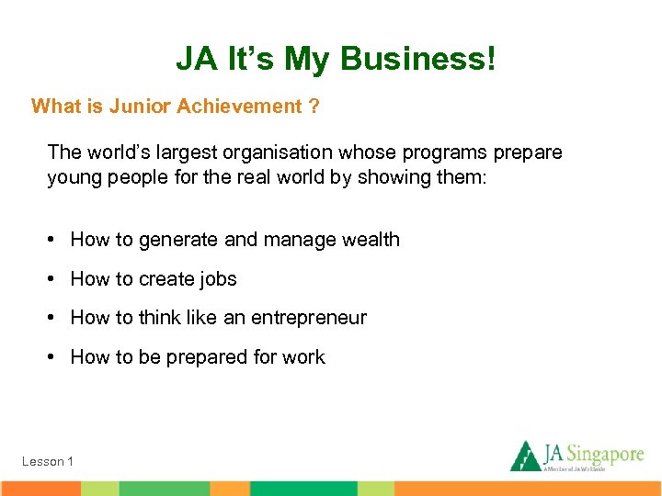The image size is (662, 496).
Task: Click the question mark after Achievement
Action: [x=314, y=107]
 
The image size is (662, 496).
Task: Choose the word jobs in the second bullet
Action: [x=218, y=279]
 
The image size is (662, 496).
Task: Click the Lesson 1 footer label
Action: [x=48, y=461]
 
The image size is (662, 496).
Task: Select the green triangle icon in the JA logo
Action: [x=526, y=457]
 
